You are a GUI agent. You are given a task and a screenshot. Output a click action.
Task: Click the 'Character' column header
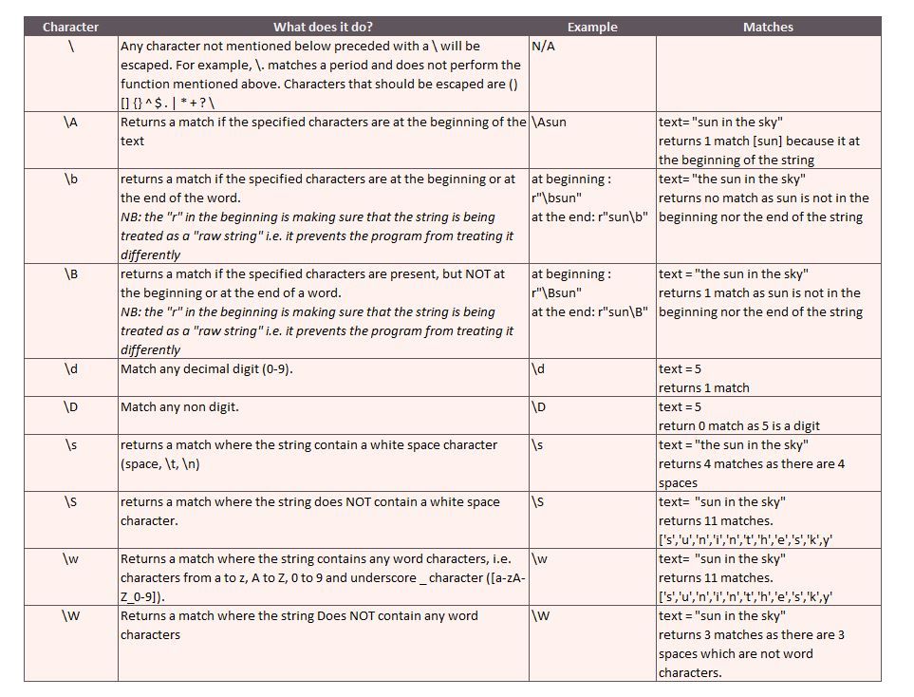(x=71, y=28)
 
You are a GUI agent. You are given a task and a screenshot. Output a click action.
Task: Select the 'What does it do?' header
(x=324, y=28)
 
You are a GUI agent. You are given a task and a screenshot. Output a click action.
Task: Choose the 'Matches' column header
(x=768, y=28)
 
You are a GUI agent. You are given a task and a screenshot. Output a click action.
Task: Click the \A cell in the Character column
(x=71, y=122)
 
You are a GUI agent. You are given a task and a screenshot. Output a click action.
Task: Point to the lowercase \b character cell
(x=71, y=179)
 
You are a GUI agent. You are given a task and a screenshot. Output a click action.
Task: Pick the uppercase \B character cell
(x=71, y=274)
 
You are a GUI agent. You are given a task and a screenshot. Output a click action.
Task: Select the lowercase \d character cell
(x=71, y=369)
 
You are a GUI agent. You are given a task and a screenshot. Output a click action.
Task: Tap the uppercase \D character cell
(x=71, y=407)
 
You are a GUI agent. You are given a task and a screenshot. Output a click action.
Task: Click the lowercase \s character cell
(x=71, y=445)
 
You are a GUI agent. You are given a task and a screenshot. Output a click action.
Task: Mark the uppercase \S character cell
(x=71, y=502)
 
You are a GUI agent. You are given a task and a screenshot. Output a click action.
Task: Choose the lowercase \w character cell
(x=71, y=559)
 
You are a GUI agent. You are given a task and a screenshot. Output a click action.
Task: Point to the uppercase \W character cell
(x=71, y=616)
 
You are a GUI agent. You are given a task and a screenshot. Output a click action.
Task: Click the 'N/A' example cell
(x=543, y=47)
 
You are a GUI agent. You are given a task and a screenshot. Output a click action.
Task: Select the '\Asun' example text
(x=550, y=122)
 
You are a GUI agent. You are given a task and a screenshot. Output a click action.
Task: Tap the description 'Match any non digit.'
(x=179, y=407)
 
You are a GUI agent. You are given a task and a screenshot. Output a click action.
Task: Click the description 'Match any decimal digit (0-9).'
(x=206, y=369)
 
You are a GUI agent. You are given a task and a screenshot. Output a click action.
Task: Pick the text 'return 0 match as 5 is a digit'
(x=739, y=426)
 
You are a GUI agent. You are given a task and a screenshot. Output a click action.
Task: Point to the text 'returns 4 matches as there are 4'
(x=752, y=464)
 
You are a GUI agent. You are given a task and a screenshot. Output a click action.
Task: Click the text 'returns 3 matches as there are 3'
(x=752, y=635)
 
